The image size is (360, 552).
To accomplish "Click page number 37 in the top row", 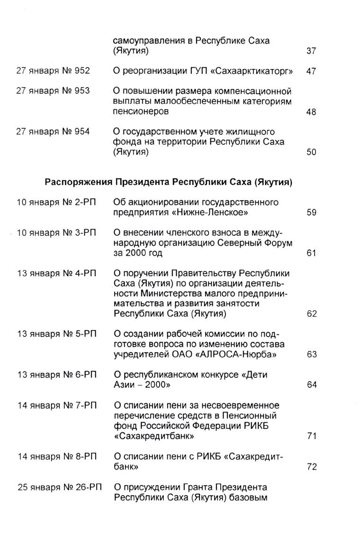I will tap(311, 51).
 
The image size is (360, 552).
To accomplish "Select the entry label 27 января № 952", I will tap(53, 71).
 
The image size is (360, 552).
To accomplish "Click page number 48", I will tap(311, 112).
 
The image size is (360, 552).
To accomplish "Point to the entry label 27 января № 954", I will tap(53, 132).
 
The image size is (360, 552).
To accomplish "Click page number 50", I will tap(311, 152).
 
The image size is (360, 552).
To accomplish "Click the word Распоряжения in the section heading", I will tap(78, 182).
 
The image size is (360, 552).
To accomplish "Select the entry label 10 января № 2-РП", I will tap(56, 203).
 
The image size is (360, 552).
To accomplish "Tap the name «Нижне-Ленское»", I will tap(210, 213).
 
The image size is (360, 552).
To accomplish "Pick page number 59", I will tap(311, 213).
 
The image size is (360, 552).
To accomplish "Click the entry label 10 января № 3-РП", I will tap(56, 233).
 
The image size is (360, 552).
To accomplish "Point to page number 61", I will tap(311, 253).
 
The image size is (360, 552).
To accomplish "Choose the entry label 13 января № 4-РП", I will tap(56, 274).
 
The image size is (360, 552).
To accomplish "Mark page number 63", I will tap(311, 355).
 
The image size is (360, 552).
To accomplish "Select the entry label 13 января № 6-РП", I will tap(56, 374).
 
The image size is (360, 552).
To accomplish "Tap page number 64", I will tap(311, 385).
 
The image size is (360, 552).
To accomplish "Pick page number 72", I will tap(311, 467).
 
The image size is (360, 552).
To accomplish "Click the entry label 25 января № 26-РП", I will tap(59, 487).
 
